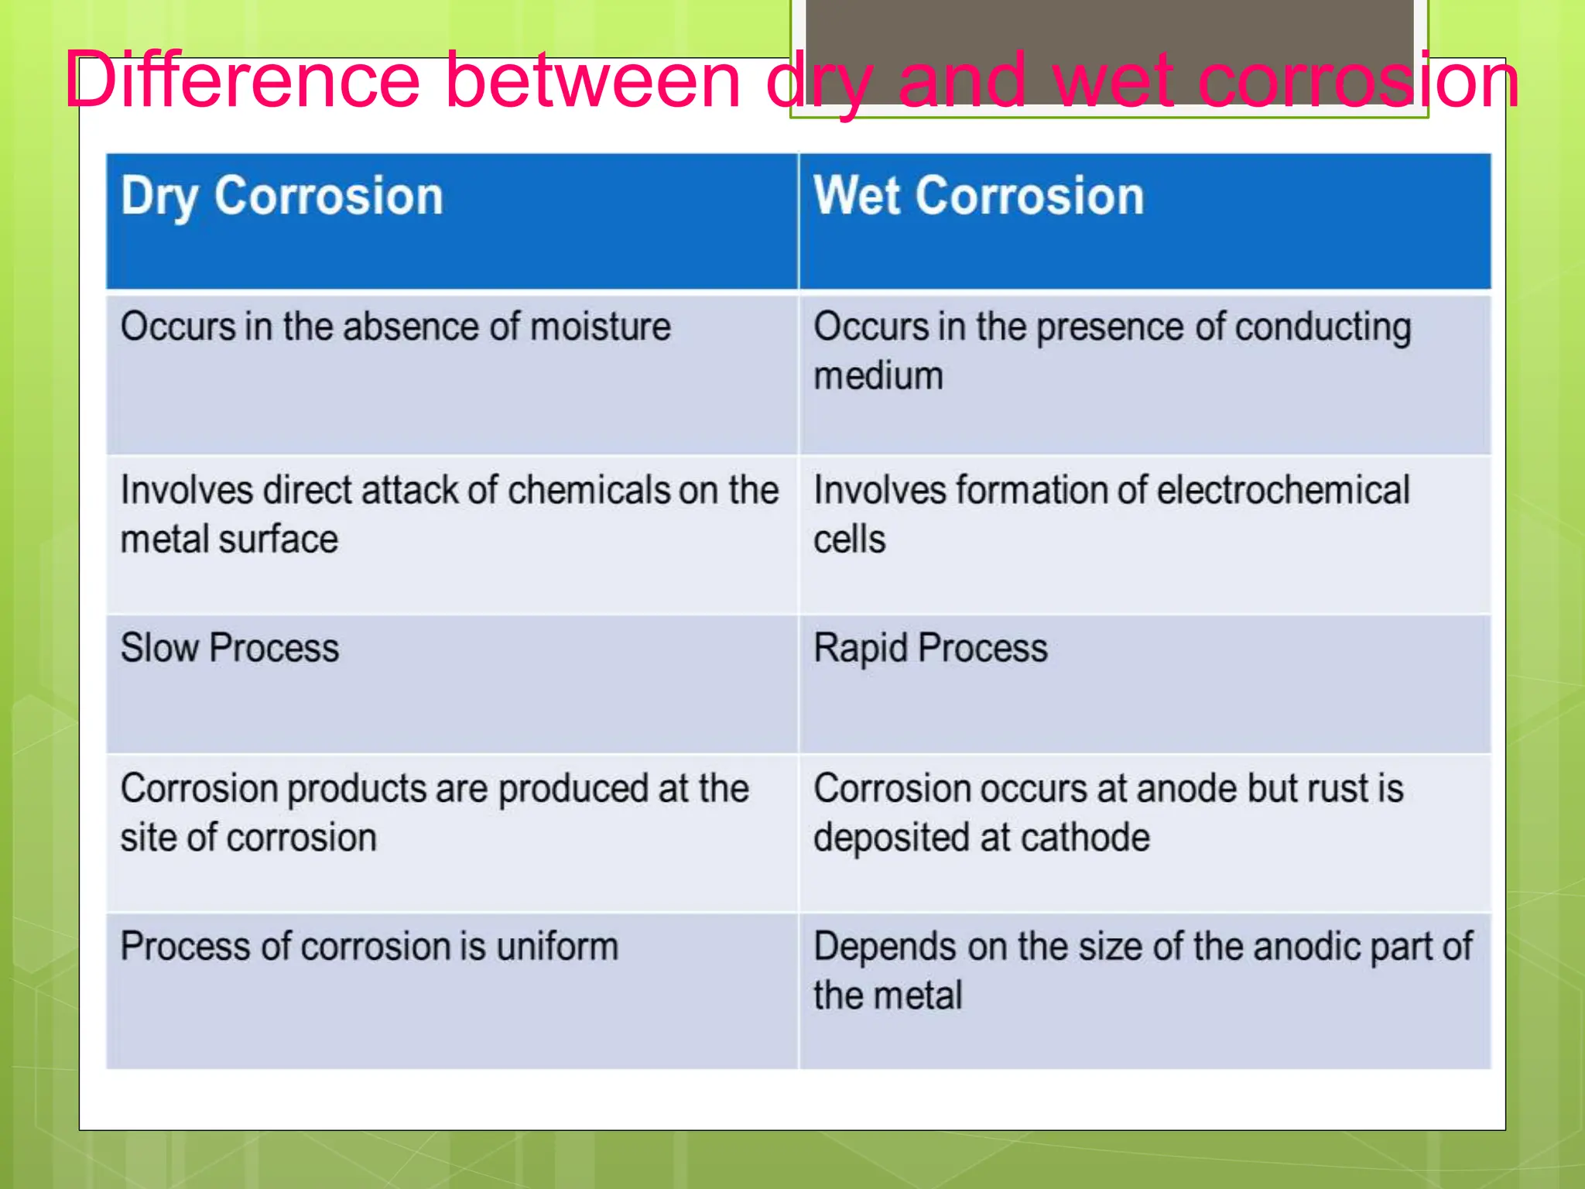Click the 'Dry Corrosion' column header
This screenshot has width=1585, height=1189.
[282, 196]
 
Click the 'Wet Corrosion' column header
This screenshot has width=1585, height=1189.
[978, 196]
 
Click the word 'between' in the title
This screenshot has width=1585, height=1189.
[594, 80]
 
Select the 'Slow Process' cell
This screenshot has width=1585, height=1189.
[230, 648]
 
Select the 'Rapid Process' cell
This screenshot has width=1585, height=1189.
[930, 648]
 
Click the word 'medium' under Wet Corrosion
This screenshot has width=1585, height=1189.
[878, 376]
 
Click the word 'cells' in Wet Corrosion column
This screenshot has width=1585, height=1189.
[849, 540]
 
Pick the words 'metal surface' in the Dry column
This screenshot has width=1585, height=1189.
[229, 540]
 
